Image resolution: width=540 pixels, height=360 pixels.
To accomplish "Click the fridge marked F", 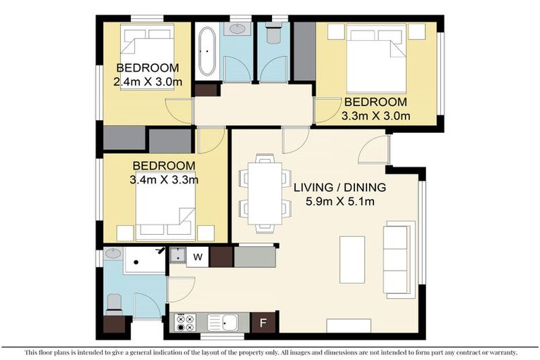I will [262, 323].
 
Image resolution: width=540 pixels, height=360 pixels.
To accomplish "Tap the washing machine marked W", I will [198, 257].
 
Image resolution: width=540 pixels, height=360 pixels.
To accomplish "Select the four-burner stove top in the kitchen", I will [185, 323].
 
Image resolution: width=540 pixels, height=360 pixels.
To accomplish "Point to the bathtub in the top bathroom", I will [207, 51].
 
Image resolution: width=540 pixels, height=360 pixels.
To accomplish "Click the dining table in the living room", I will [265, 193].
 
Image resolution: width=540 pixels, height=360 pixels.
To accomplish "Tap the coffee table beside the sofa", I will [352, 259].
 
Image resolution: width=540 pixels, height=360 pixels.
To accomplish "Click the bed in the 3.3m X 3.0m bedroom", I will [375, 58].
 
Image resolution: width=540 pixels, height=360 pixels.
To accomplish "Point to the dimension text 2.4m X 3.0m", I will [147, 82].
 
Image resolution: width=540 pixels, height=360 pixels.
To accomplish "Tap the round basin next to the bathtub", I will [237, 30].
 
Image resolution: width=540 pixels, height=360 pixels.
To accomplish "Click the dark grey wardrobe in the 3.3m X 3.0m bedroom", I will [304, 51].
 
